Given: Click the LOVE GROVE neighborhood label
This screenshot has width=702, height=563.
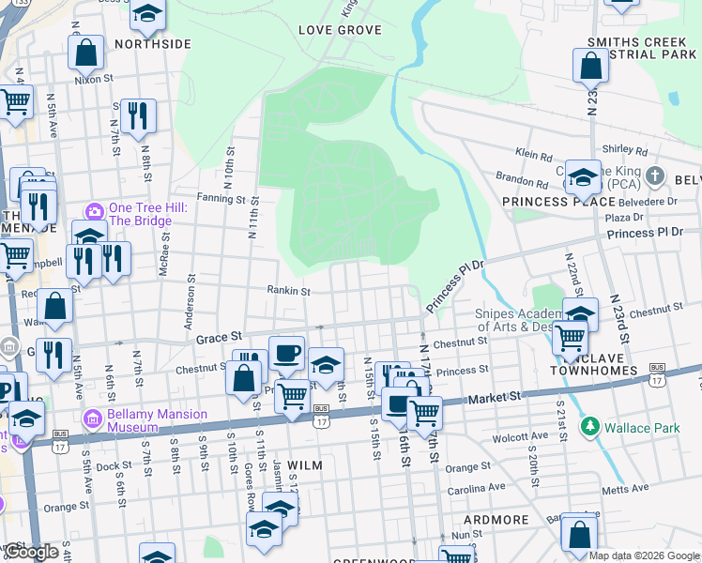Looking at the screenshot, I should tap(340, 30).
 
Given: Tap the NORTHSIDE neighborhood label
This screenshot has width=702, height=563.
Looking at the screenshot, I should tap(153, 44).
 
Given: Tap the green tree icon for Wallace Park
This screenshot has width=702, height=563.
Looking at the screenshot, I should tap(589, 428).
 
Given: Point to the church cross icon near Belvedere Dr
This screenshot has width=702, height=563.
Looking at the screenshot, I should tap(656, 176).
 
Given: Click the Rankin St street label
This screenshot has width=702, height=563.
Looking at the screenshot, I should tap(288, 291).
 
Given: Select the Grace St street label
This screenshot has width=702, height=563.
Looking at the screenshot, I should tap(220, 335).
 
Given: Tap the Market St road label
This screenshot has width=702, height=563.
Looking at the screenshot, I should tap(496, 398).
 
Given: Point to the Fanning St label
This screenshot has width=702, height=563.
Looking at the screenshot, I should tap(221, 199).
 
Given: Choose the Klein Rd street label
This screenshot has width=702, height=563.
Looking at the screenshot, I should tap(533, 151).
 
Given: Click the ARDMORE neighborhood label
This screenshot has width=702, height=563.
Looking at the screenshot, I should tap(497, 519).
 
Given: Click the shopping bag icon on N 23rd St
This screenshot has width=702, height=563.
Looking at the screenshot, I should tap(590, 67).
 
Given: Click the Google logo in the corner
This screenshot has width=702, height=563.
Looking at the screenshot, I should tap(32, 552).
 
